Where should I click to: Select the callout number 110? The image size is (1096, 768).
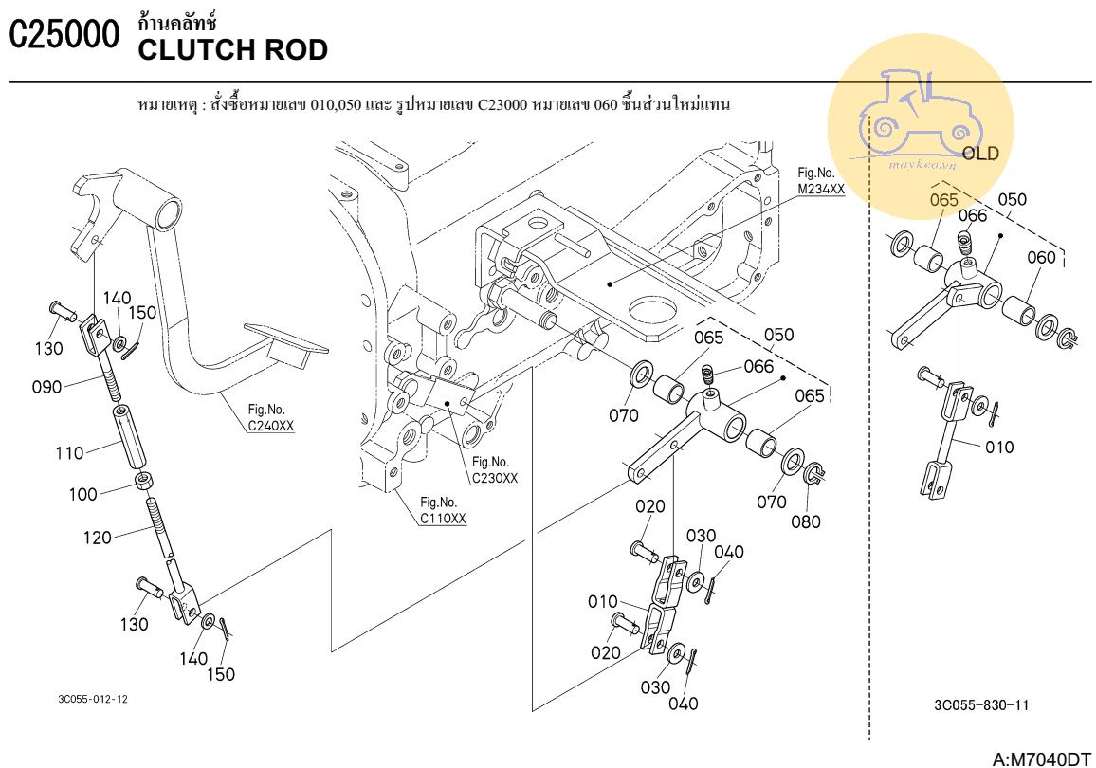click(69, 453)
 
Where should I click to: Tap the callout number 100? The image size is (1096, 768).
click(83, 494)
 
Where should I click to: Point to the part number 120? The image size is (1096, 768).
click(98, 537)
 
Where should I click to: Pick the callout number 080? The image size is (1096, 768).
click(807, 521)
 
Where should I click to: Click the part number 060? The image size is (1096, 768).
click(1040, 257)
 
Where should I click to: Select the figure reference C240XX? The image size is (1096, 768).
click(271, 427)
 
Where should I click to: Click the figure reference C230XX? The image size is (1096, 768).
click(495, 478)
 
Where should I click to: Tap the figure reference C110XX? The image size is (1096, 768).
click(443, 518)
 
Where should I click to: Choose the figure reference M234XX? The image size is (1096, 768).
click(820, 188)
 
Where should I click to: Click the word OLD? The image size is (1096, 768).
click(979, 154)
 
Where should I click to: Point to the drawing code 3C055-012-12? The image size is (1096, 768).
click(92, 699)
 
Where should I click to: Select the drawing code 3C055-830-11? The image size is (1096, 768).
click(981, 704)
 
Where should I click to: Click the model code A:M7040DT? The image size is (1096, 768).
click(1041, 758)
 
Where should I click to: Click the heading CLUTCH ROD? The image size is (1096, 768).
click(233, 49)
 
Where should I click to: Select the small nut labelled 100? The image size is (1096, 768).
click(143, 482)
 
